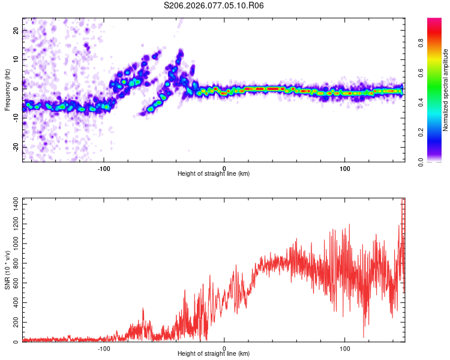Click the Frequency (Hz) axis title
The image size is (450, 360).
click(7, 90)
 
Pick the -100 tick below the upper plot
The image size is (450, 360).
click(104, 168)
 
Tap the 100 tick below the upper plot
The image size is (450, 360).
click(345, 168)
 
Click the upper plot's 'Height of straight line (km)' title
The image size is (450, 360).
click(214, 174)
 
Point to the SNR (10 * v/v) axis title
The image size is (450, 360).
click(7, 270)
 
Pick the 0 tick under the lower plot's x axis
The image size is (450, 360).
click(224, 348)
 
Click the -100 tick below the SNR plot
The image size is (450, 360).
click(104, 348)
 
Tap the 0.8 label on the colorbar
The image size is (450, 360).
click(421, 43)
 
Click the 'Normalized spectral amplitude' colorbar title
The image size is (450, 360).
click(446, 90)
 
